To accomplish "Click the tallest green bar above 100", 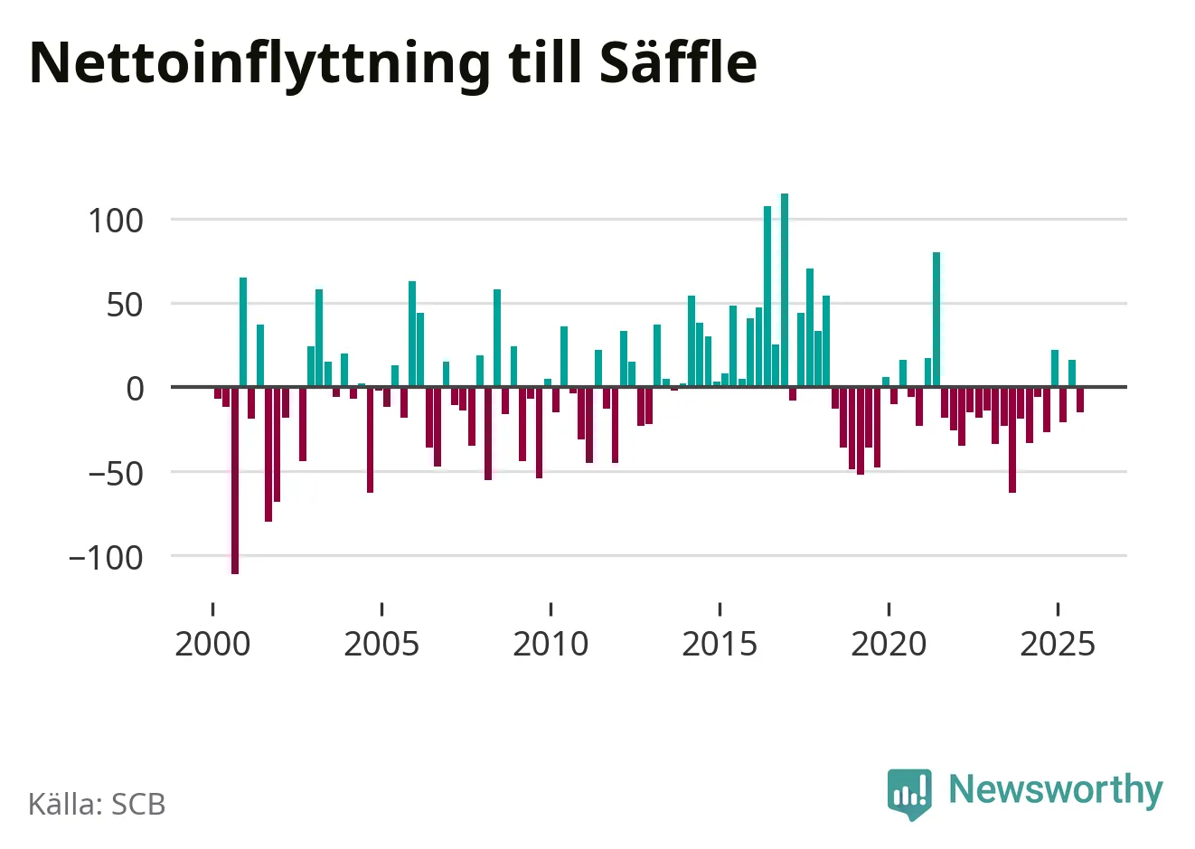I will (x=785, y=289).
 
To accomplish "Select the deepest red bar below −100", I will (x=235, y=480).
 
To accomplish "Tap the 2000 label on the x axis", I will (x=212, y=644).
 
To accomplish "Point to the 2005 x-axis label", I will (x=381, y=644).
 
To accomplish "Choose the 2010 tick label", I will (x=550, y=644).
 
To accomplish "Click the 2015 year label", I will (x=720, y=644).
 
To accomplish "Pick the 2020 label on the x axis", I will (x=889, y=644).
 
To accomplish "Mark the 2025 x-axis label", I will (x=1058, y=644).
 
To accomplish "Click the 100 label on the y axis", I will (x=116, y=220).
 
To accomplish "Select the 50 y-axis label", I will (x=125, y=305).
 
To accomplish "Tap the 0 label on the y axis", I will (x=135, y=389).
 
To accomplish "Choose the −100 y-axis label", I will (x=106, y=557).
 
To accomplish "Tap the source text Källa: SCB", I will (x=97, y=804).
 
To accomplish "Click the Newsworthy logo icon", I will (x=909, y=793).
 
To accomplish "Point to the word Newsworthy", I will (x=1055, y=789).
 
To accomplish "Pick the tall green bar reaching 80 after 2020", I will (x=936, y=319).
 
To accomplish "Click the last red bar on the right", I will (x=1080, y=400).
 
